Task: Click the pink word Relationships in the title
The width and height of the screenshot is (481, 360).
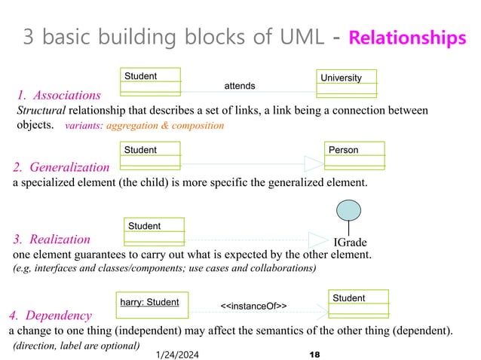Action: click(407, 38)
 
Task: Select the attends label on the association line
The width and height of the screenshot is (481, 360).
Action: click(240, 86)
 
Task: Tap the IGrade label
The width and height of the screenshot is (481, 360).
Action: click(351, 242)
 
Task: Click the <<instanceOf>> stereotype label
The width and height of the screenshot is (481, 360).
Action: click(253, 306)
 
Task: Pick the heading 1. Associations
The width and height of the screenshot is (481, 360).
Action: click(58, 96)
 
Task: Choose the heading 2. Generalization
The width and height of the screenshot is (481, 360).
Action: click(61, 167)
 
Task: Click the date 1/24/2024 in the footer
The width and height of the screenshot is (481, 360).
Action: click(179, 352)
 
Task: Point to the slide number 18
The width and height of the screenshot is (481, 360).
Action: click(315, 352)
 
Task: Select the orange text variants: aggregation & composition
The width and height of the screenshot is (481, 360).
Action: click(146, 126)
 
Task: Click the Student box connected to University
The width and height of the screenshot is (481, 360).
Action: click(151, 80)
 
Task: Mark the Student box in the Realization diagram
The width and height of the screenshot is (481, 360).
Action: click(155, 230)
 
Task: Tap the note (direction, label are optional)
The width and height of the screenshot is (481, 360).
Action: click(76, 346)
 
